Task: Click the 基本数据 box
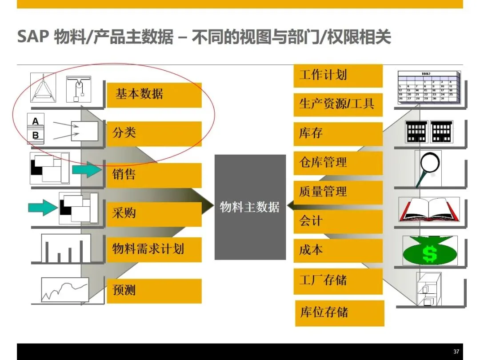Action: click(x=154, y=95)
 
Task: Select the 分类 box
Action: click(x=154, y=133)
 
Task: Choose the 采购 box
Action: click(x=154, y=214)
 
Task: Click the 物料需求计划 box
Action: click(x=154, y=249)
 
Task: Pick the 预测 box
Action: click(x=154, y=291)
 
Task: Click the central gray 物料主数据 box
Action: click(x=250, y=207)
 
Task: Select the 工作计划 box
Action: click(x=338, y=76)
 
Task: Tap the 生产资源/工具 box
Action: click(x=338, y=105)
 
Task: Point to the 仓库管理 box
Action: click(x=338, y=163)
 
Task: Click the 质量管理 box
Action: click(x=338, y=192)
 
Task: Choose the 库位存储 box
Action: click(x=340, y=313)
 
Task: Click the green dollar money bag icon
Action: click(x=429, y=252)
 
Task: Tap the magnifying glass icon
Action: click(x=428, y=168)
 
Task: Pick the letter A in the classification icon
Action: click(x=36, y=121)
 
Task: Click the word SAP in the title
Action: click(x=32, y=37)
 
